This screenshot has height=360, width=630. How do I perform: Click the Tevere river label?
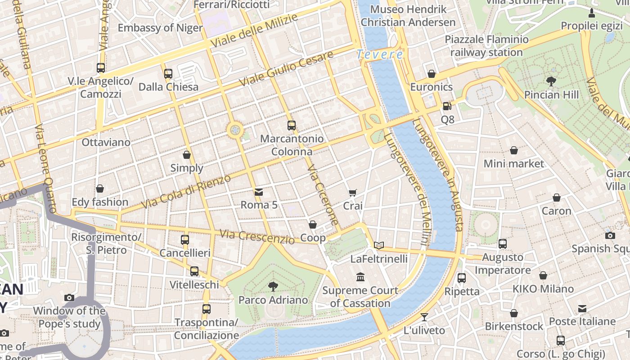point(380,54)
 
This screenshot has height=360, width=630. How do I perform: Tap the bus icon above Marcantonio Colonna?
point(292,126)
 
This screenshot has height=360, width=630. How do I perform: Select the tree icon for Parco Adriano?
point(273,286)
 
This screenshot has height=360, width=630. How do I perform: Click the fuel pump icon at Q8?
point(447,106)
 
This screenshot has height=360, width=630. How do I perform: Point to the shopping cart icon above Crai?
point(353,193)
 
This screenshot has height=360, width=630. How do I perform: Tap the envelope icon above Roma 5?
point(259,192)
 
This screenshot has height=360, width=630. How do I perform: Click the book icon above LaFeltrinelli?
point(379,245)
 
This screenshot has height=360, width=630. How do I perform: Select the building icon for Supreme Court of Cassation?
point(360,277)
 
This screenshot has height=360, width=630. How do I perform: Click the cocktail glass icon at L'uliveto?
point(424,317)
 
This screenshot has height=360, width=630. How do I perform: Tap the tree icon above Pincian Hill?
point(551,81)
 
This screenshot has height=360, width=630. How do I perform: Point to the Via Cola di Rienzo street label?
point(186,191)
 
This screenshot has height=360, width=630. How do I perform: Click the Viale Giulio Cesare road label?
point(286,69)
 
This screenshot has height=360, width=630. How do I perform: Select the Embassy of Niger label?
point(160,28)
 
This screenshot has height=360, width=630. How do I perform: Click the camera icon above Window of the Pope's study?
point(69,297)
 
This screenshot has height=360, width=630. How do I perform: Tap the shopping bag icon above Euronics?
point(432,74)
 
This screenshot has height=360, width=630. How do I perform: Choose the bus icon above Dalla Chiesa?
point(168,73)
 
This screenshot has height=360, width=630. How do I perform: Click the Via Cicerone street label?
point(323,194)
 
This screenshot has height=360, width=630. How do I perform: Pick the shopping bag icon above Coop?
point(313,225)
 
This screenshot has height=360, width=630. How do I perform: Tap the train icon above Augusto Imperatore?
point(503,244)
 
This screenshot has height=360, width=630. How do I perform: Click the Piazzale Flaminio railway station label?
point(486,46)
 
